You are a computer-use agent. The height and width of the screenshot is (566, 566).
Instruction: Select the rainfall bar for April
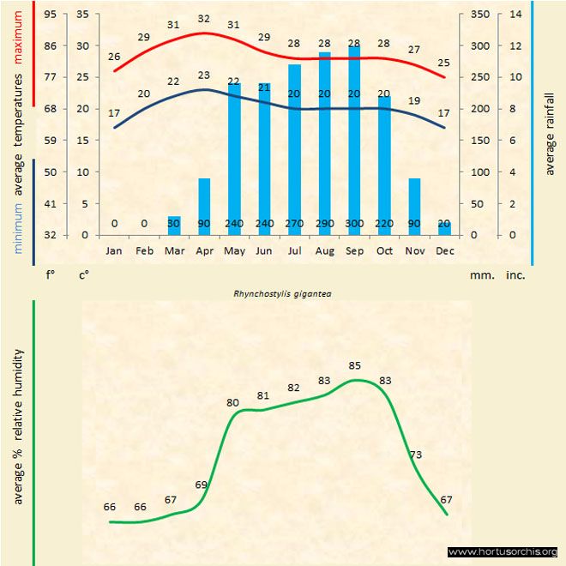204,206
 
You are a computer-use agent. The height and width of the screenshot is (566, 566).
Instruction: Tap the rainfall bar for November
414,206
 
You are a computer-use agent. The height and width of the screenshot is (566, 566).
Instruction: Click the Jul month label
294,251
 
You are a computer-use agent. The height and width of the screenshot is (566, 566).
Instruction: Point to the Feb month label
144,251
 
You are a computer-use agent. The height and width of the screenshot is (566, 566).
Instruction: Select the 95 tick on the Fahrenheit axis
51,15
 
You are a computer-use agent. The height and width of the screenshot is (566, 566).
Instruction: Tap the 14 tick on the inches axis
515,15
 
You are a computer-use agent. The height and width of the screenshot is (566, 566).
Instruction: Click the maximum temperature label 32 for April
203,19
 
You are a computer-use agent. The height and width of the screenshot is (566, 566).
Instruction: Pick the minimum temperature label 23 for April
203,75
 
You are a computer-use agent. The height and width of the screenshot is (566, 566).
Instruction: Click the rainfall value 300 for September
354,224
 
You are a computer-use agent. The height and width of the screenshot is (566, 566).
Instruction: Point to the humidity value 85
355,366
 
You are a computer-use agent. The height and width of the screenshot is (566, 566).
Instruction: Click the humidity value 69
202,485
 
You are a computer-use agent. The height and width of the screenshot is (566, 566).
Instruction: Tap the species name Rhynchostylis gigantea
283,293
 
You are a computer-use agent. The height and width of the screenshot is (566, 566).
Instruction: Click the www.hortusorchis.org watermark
503,551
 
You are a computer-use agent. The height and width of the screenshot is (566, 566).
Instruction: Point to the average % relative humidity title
18,426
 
